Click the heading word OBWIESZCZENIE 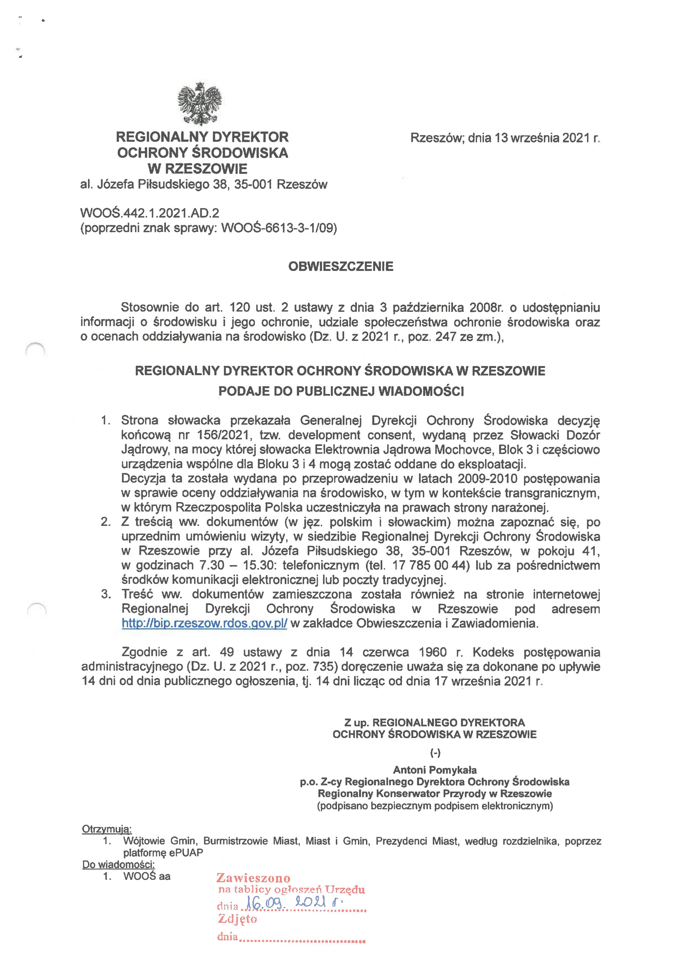pyautogui.click(x=341, y=267)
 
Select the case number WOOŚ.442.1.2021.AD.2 pyautogui.click(x=150, y=213)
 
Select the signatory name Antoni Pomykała pyautogui.click(x=434, y=769)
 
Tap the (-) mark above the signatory pyautogui.click(x=435, y=753)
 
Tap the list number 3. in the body pyautogui.click(x=106, y=594)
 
